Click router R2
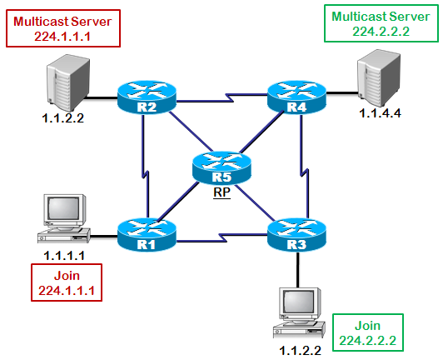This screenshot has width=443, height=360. (x=147, y=97)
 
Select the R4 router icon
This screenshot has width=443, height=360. (x=296, y=97)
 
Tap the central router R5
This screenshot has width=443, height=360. (x=221, y=167)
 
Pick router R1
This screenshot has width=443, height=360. (x=147, y=234)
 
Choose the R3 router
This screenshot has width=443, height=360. (x=296, y=234)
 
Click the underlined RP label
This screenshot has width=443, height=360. (x=221, y=192)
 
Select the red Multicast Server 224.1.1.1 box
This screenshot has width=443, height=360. (x=63, y=28)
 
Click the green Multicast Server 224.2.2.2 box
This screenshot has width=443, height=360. (x=381, y=23)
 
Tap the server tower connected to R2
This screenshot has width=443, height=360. (x=68, y=82)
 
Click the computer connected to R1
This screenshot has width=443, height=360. (x=64, y=218)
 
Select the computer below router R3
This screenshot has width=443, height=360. (x=299, y=312)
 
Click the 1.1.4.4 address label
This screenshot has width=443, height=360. (x=380, y=113)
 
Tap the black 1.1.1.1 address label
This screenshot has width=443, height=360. (x=64, y=256)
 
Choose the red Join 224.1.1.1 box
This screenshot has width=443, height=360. (x=67, y=282)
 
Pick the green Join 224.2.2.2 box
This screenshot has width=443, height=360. (x=368, y=332)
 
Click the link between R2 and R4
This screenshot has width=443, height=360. (x=221, y=97)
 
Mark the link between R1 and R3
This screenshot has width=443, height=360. (x=221, y=237)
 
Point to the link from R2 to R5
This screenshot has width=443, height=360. (x=191, y=131)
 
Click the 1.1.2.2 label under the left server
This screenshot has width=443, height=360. (x=63, y=118)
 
